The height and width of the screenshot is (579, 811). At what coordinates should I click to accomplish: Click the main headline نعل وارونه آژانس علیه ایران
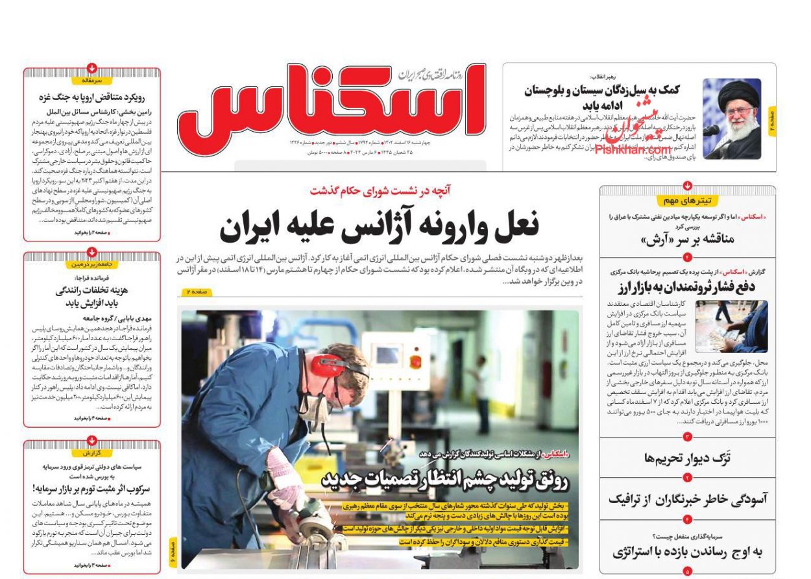click(379, 227)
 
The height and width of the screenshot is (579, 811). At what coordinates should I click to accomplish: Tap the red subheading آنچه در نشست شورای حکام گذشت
click(380, 191)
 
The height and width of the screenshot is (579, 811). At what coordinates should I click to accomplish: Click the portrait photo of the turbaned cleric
click(732, 119)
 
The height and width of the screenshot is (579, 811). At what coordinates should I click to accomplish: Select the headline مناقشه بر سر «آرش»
click(688, 239)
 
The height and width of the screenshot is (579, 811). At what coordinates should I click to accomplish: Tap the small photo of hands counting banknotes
click(731, 326)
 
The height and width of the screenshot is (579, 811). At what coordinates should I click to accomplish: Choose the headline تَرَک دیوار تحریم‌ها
click(687, 458)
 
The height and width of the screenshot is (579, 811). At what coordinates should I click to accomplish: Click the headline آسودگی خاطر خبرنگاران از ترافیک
click(688, 499)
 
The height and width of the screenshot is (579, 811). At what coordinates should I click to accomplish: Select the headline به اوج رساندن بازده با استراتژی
click(688, 552)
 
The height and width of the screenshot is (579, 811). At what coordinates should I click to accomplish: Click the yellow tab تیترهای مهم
click(687, 201)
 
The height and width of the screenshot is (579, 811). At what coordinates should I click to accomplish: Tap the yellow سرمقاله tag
click(92, 80)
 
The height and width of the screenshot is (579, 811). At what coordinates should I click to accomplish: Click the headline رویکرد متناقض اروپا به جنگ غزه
click(92, 97)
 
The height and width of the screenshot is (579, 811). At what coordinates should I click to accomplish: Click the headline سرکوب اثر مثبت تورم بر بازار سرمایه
click(92, 487)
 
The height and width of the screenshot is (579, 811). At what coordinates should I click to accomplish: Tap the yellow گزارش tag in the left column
click(92, 452)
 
